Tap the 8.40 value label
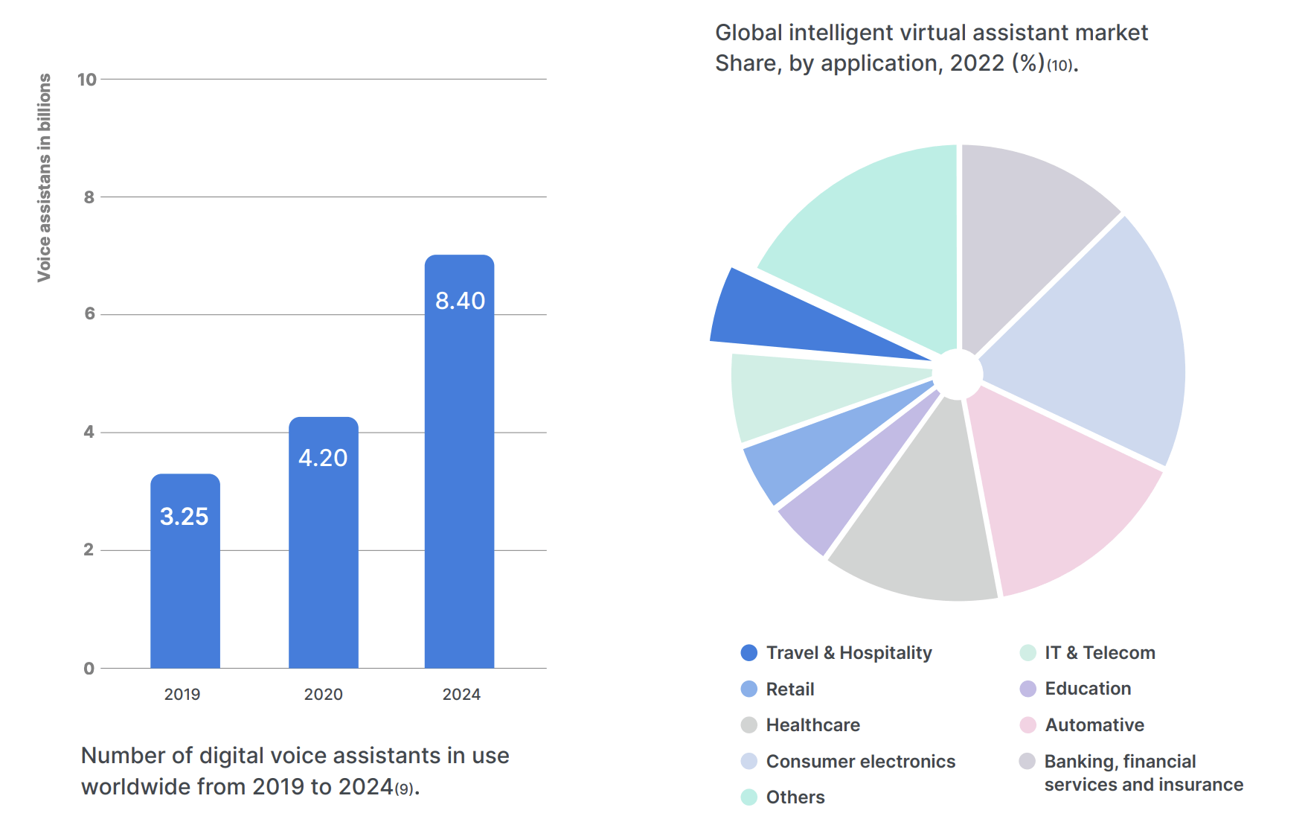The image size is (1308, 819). coord(460,301)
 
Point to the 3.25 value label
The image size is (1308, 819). coord(184,516)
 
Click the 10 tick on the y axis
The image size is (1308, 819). coord(87,80)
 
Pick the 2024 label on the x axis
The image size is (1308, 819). coord(461,694)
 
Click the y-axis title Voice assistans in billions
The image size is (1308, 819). coord(45,177)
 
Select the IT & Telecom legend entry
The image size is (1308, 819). coord(1100,653)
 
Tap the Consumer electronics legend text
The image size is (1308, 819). coord(861,762)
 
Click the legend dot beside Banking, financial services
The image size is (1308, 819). coord(1028,761)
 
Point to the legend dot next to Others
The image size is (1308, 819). coord(749,797)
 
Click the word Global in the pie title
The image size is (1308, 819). coord(748,33)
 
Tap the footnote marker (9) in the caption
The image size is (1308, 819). coord(404,789)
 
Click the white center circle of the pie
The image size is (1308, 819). coord(958,374)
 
